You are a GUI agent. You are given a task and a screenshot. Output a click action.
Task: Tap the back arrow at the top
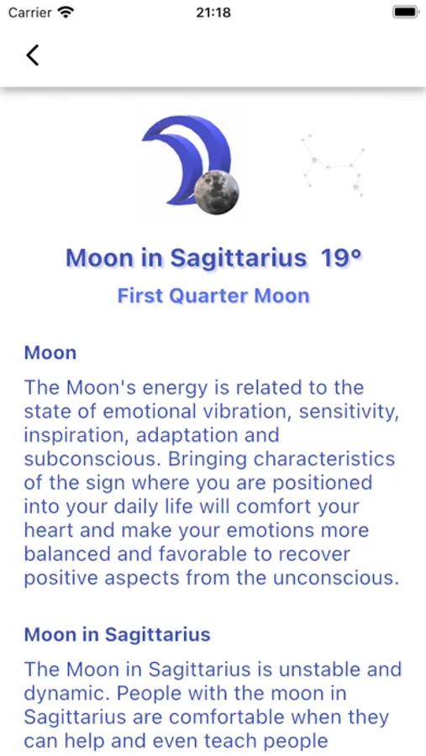tap(32, 55)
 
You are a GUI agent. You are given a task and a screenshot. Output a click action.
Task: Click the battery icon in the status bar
tap(405, 13)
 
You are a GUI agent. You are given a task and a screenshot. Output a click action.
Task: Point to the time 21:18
tap(213, 13)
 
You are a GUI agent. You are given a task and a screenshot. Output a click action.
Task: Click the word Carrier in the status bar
tap(29, 13)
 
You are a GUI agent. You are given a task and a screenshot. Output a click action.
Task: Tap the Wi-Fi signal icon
tap(66, 13)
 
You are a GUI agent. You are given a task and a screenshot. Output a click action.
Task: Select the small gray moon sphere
tap(218, 192)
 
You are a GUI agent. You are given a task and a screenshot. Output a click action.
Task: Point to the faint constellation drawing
tap(334, 164)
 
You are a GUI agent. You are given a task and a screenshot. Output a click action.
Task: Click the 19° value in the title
tap(340, 257)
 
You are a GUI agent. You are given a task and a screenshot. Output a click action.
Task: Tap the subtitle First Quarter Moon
tap(213, 296)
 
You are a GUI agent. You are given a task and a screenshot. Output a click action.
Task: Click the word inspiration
tap(65, 436)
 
